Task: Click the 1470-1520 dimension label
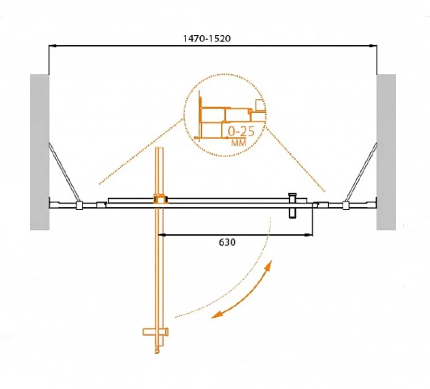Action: point(207,38)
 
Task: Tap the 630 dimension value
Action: point(227,242)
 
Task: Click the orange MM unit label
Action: point(239,143)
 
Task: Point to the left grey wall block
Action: point(39,152)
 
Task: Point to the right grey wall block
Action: point(386,152)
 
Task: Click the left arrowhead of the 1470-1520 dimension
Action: point(52,46)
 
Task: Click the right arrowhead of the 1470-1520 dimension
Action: point(373,46)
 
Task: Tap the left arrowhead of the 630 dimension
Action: point(162,234)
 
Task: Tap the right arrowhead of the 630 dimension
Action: point(309,234)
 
